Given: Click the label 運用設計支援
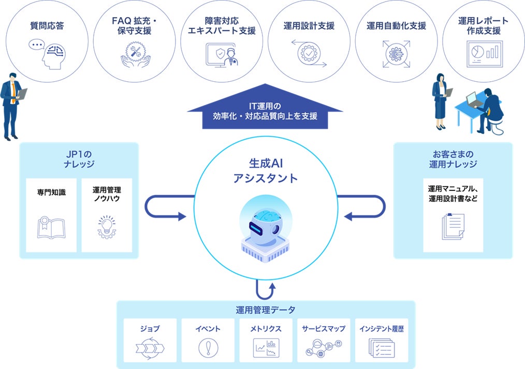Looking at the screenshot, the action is (309, 26).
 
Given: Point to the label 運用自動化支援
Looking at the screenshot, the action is (396, 26).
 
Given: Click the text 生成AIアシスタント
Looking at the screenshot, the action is (266, 172).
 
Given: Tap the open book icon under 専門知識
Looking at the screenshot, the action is (51, 228).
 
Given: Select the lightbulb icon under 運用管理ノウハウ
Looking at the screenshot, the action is (107, 227).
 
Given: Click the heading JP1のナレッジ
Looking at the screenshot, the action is (79, 159).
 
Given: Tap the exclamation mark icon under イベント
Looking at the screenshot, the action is (208, 347).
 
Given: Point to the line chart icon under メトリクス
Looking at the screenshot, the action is (266, 347).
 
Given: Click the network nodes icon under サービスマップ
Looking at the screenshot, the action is (324, 347).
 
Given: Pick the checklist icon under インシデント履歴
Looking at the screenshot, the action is (381, 347).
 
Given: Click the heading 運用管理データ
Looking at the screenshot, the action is (266, 310).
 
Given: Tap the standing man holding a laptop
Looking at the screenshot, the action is (12, 106).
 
